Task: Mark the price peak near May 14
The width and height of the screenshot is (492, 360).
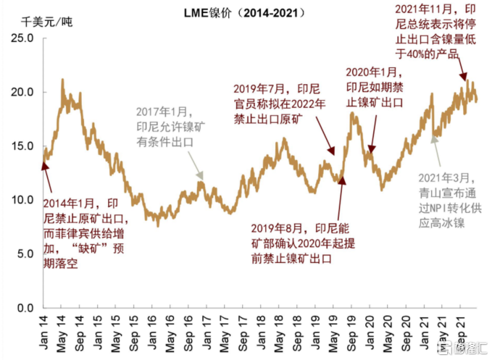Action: click(62, 80)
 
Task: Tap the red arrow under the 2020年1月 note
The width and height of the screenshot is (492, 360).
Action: click(372, 134)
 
